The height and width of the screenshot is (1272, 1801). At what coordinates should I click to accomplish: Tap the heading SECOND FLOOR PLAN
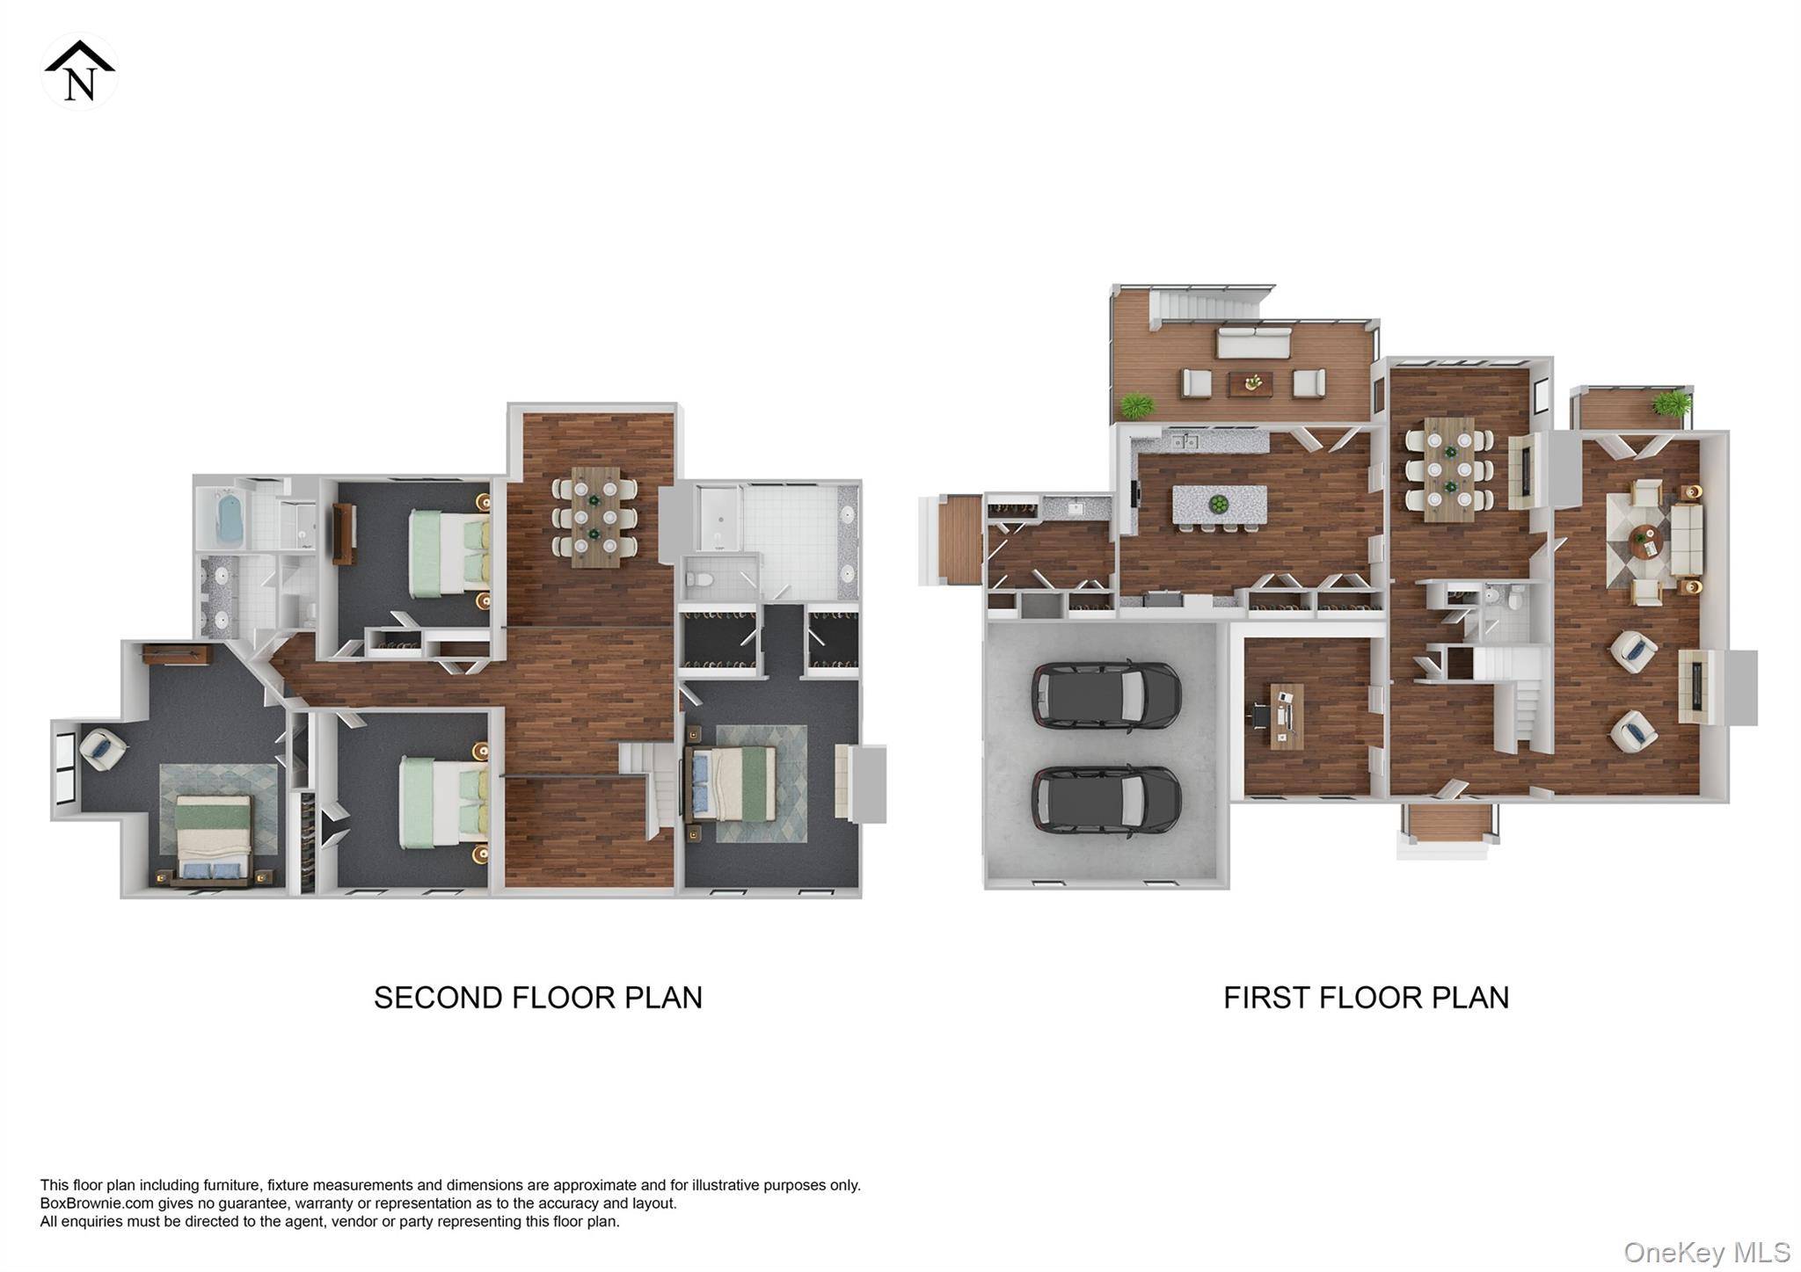pos(537,998)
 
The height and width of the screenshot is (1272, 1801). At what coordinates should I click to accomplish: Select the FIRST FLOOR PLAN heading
pos(1366,998)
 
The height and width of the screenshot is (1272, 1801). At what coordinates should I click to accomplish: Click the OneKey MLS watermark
pos(1706,1252)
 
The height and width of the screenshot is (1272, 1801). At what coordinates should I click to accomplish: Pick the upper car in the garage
pos(1105,694)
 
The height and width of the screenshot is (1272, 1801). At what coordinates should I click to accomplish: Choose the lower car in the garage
pos(1105,798)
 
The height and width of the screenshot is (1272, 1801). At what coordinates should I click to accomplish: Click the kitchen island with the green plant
pos(1219,505)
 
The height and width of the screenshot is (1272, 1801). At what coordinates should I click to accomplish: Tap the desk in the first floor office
pos(1287,716)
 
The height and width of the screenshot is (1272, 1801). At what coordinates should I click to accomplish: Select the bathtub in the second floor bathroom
pos(229,519)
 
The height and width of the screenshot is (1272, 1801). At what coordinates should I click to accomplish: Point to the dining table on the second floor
pos(594,517)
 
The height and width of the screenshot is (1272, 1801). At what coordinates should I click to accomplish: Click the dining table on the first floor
pos(1448,469)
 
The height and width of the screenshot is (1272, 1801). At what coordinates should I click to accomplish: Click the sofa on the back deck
pos(1253,342)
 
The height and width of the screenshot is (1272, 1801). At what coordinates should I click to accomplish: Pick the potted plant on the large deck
pos(1136,406)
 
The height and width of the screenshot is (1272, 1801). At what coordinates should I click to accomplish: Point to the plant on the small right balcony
pos(1670,403)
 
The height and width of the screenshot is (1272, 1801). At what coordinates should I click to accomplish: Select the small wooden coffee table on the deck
pos(1250,383)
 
